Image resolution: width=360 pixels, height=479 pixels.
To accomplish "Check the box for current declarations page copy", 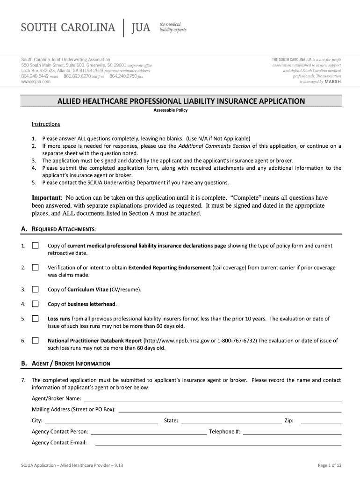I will [x=36, y=246].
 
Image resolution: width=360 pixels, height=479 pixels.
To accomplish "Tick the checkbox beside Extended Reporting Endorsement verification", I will [x=36, y=268].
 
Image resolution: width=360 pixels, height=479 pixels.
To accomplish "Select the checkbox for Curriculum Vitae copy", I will [x=36, y=290].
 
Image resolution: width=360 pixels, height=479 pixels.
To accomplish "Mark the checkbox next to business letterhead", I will [x=36, y=304].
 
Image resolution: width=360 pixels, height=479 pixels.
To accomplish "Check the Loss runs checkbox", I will [x=36, y=319].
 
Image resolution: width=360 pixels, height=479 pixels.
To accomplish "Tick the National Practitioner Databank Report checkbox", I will [x=36, y=341].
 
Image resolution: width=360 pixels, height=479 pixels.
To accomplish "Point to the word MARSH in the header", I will [x=333, y=81].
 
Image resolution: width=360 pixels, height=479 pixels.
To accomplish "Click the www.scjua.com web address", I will [x=36, y=81].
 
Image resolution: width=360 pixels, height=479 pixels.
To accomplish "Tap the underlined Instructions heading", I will [x=46, y=124].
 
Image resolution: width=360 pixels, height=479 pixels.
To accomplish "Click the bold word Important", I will [x=46, y=198].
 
